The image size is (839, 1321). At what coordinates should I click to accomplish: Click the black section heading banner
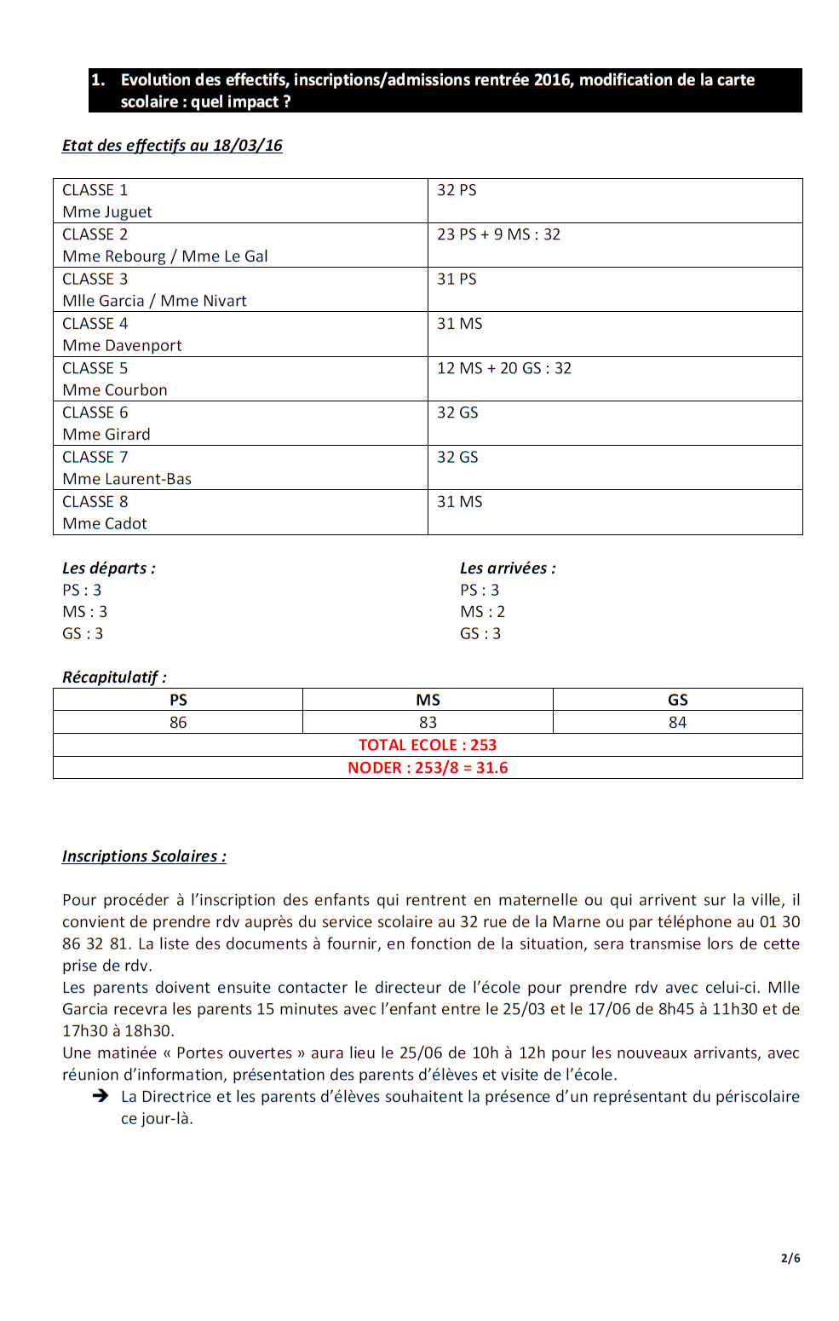[445, 90]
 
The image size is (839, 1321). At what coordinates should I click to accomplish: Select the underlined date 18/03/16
[248, 146]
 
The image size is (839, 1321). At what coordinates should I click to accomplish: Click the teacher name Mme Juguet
[107, 212]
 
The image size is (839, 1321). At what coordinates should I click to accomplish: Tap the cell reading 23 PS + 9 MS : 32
[498, 234]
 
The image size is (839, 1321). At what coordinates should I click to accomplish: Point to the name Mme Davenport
[122, 345]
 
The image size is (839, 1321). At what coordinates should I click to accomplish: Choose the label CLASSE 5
[95, 368]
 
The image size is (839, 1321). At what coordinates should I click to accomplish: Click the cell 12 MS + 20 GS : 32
[504, 368]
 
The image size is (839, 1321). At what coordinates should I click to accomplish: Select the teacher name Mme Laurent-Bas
[127, 479]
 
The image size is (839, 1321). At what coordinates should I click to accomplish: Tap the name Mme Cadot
[105, 523]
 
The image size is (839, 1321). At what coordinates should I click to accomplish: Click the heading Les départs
[108, 568]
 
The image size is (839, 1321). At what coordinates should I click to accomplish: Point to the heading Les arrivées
[508, 568]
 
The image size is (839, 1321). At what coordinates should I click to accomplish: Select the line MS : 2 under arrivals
[482, 612]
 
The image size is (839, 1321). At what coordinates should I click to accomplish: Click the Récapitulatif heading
[114, 678]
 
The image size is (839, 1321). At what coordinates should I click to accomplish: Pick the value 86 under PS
[178, 723]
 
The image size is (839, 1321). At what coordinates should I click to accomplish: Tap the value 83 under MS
[428, 723]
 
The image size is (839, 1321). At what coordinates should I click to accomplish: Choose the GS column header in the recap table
[677, 700]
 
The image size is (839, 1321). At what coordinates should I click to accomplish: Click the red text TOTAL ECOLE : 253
[428, 745]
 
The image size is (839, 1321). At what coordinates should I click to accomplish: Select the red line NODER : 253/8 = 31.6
[428, 768]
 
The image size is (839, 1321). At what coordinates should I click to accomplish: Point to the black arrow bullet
[101, 1096]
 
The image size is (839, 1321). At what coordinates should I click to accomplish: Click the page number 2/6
[790, 1258]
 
